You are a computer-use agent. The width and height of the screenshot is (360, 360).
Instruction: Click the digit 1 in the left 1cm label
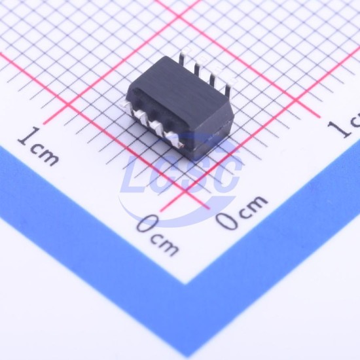29,136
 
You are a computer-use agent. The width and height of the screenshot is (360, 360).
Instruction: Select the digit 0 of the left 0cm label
148,223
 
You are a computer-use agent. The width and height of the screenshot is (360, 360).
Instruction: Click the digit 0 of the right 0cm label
228,220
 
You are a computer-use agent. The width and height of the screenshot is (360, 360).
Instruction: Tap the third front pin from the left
156,128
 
